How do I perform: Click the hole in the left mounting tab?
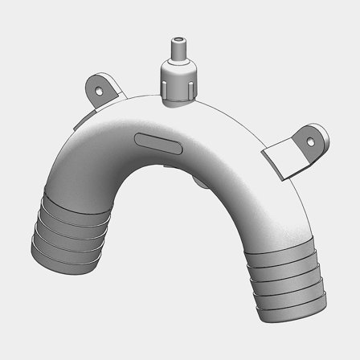100,90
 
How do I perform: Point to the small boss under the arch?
201,182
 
